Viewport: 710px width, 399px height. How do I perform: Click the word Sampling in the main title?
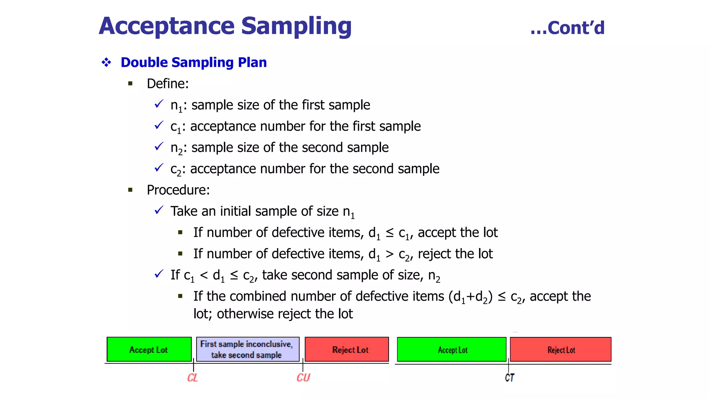point(296,26)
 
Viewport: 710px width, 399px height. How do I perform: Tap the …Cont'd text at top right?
point(568,28)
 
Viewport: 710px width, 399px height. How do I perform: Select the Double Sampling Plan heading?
point(193,62)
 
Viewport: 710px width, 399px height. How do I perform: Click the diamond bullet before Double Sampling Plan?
point(106,62)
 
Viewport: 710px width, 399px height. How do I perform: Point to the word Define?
point(167,83)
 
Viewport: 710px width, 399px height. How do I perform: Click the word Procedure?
point(178,190)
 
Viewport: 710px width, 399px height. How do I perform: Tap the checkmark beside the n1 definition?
point(159,104)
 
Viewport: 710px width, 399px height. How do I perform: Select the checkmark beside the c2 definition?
point(159,168)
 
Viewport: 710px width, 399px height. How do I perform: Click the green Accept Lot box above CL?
point(149,349)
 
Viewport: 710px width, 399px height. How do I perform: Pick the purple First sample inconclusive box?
point(248,349)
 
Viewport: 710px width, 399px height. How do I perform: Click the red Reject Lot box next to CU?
point(347,349)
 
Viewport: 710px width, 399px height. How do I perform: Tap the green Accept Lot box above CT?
point(451,349)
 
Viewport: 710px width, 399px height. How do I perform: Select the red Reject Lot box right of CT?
point(561,349)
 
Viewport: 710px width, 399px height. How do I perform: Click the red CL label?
point(192,378)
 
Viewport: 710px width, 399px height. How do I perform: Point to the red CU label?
point(303,378)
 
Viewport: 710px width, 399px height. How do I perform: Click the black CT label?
point(509,378)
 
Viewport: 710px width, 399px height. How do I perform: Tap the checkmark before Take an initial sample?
point(159,210)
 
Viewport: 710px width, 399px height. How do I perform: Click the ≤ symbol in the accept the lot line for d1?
point(390,233)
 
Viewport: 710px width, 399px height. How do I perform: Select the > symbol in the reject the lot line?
point(390,254)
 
